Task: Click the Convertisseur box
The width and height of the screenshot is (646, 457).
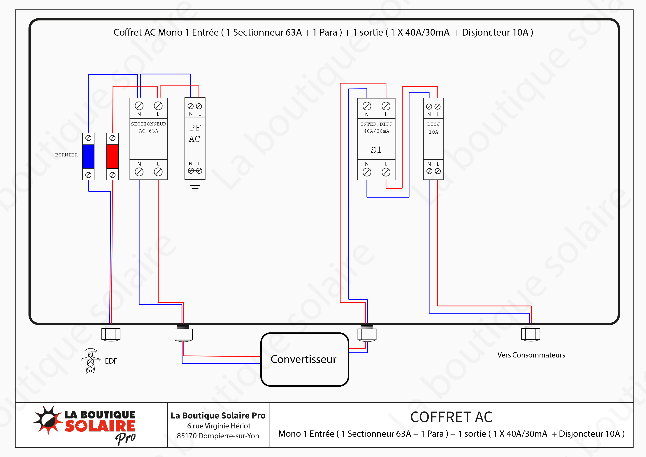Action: (x=304, y=359)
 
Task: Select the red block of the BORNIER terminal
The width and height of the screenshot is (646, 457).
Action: (x=113, y=156)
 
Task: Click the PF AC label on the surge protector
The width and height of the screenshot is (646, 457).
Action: (x=195, y=133)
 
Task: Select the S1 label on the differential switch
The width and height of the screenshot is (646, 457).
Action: (x=376, y=150)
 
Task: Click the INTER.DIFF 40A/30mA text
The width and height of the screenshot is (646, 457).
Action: (x=376, y=128)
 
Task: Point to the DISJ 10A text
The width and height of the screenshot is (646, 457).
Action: (x=433, y=128)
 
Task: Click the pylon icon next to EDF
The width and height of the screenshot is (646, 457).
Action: (x=90, y=361)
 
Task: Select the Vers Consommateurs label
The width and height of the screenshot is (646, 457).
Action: (x=531, y=355)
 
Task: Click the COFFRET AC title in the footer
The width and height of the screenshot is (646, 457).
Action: (x=451, y=417)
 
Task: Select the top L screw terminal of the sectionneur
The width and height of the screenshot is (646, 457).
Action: (x=158, y=106)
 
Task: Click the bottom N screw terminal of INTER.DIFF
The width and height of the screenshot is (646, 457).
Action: (x=367, y=172)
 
